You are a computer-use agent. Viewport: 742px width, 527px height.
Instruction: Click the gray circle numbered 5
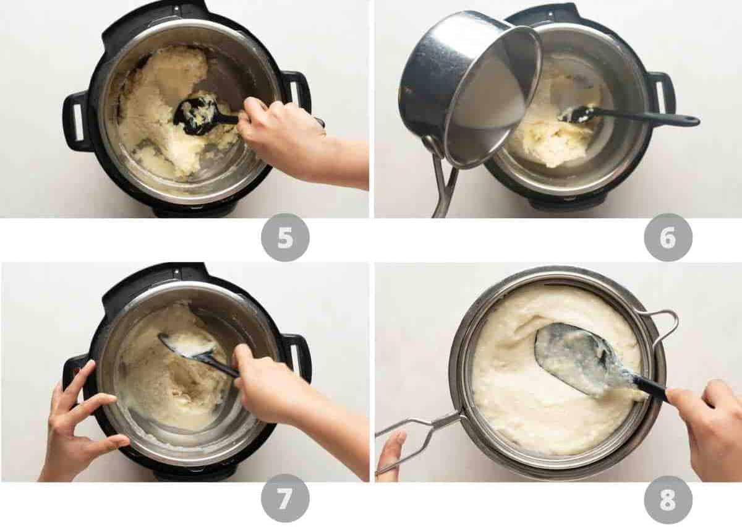[x=285, y=238]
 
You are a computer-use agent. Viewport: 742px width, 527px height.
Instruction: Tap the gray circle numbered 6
[x=668, y=238]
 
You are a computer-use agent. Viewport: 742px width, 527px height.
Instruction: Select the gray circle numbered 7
[x=285, y=498]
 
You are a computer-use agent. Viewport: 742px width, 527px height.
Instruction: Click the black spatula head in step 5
[x=195, y=115]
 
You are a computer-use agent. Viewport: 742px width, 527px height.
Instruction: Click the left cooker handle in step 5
[x=76, y=121]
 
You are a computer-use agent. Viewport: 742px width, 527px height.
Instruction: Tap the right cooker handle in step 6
[x=661, y=93]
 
